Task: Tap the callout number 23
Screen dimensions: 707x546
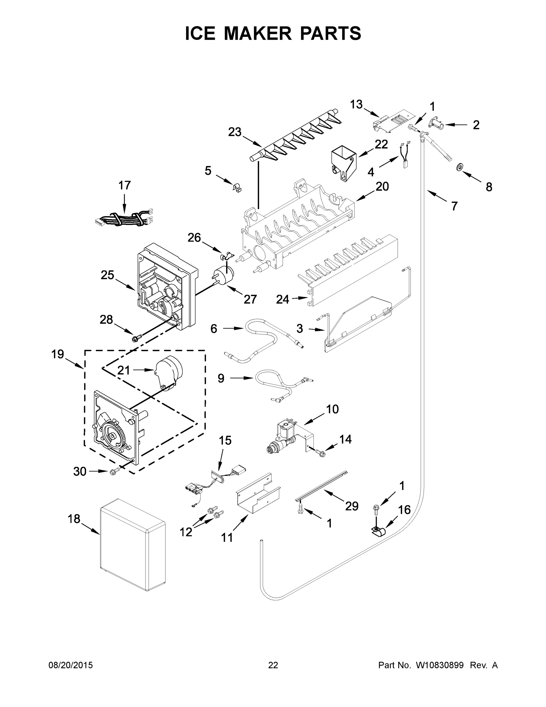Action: coord(235,132)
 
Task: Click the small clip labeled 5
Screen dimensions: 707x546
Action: coord(237,188)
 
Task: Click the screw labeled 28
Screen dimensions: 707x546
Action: coord(134,338)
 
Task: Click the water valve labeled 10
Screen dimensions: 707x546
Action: coord(285,435)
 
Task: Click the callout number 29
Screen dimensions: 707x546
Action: coord(352,506)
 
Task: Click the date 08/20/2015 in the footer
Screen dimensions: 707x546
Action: coord(71,665)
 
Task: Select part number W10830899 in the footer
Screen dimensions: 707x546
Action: coord(439,665)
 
